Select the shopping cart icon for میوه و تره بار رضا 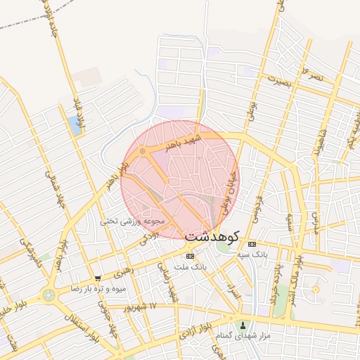point(98,278)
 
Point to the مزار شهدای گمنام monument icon point(244,326)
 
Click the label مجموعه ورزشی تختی point(132,221)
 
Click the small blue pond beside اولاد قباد point(75,126)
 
